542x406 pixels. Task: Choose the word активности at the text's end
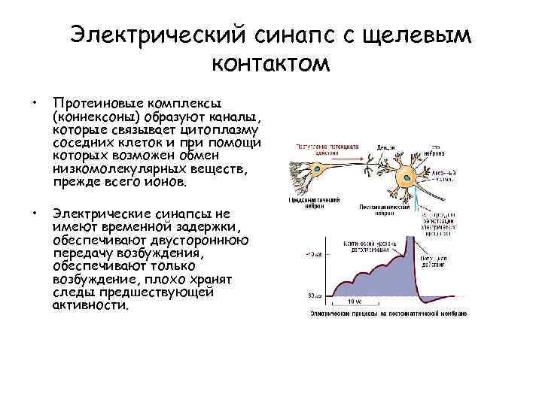coord(90,306)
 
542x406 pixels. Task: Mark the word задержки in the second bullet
coord(210,227)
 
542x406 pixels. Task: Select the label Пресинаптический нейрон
coord(314,204)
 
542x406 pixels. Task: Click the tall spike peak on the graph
coord(411,238)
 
